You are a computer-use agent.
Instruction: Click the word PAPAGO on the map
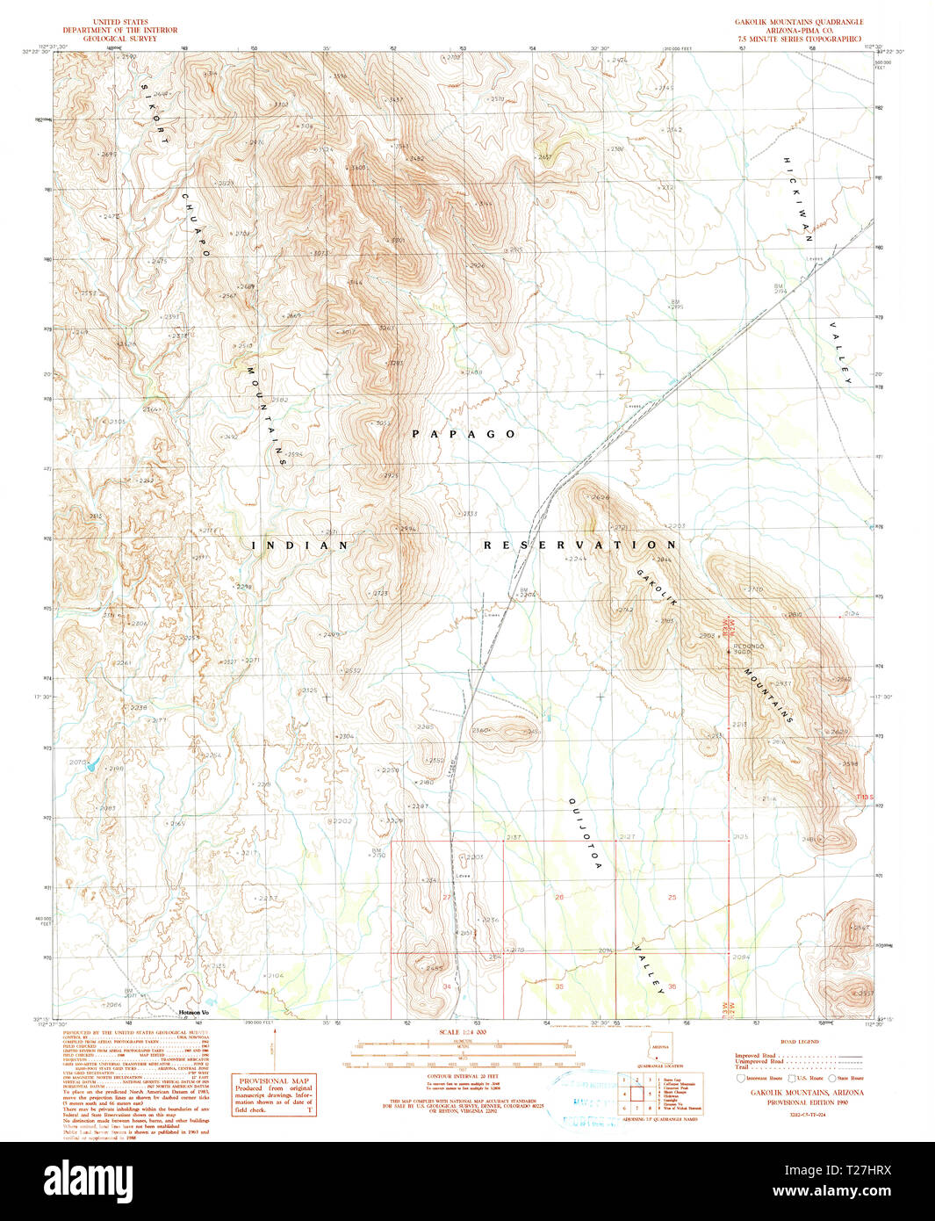tap(464, 434)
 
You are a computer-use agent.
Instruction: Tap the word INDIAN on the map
tap(300, 545)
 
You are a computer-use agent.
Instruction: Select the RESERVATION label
tap(580, 545)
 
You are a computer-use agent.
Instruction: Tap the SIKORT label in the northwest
tap(155, 114)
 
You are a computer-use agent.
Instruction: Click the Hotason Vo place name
tap(193, 1013)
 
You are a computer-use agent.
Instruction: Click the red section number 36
tap(672, 986)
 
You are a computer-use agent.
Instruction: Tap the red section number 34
tap(447, 986)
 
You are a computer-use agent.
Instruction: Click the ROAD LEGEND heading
tap(799, 1042)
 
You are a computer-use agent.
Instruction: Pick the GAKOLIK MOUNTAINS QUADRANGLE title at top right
tap(799, 22)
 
